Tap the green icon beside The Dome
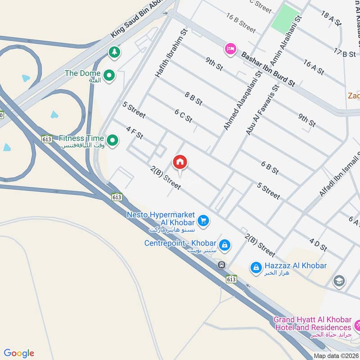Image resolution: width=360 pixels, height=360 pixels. click(x=108, y=76)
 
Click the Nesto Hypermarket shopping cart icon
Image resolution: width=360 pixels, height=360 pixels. click(x=203, y=220)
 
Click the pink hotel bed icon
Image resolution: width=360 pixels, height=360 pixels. click(x=230, y=49)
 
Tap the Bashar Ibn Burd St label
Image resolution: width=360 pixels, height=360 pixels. click(x=268, y=69)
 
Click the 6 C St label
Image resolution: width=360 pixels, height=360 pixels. click(x=183, y=116)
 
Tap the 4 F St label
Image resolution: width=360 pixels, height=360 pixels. click(x=135, y=132)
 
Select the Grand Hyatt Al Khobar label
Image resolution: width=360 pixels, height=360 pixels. click(x=312, y=324)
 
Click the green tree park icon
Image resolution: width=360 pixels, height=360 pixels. click(x=114, y=52)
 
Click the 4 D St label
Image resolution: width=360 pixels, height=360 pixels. click(x=318, y=245)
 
